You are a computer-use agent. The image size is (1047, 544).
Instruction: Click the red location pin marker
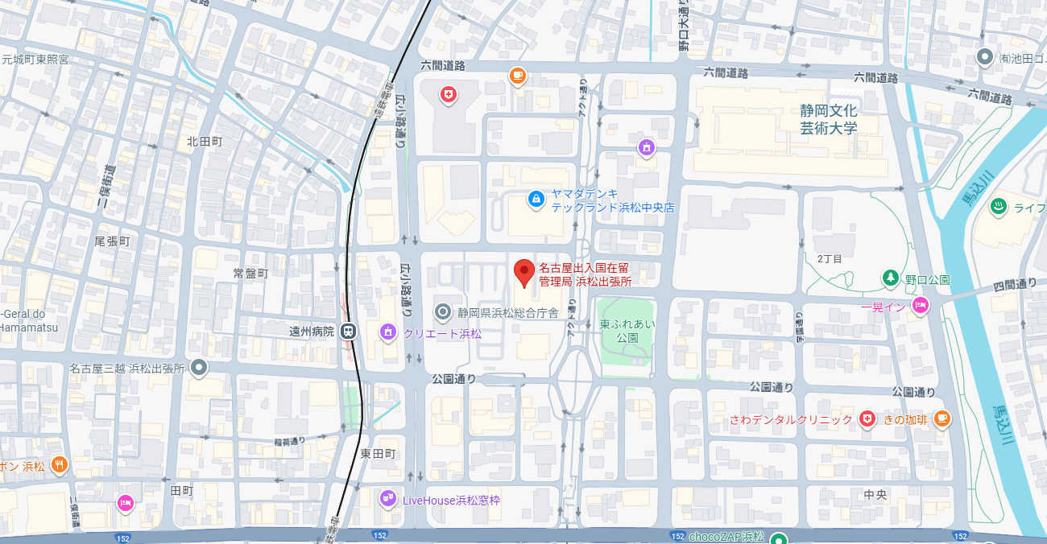(x=524, y=272)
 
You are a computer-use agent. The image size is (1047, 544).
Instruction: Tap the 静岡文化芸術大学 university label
(x=828, y=119)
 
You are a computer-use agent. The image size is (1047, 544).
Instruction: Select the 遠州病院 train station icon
(x=348, y=330)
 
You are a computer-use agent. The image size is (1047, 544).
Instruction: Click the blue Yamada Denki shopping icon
(x=535, y=198)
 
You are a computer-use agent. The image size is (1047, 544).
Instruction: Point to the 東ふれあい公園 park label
(x=627, y=331)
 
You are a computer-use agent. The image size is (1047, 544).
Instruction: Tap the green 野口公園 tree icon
(x=890, y=278)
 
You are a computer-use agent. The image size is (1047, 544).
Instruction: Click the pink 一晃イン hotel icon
(x=920, y=305)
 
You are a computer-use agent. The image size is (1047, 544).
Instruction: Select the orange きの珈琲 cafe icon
(x=941, y=418)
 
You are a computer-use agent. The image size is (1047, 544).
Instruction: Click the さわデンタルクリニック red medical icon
(x=867, y=418)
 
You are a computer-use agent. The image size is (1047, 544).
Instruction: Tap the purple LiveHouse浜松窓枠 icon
(x=388, y=499)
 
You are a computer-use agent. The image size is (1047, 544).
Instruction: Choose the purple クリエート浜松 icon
(x=388, y=332)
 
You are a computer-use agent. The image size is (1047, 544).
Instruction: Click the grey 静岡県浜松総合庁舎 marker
(x=442, y=311)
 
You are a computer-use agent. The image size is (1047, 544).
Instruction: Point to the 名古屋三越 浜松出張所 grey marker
(x=199, y=368)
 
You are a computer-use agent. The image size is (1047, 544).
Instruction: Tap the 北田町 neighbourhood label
(x=204, y=141)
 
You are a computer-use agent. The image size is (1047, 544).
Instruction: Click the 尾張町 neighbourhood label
(x=112, y=241)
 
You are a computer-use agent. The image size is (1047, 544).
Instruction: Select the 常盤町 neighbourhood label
(x=250, y=273)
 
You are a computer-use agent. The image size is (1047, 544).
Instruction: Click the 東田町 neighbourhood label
(x=378, y=454)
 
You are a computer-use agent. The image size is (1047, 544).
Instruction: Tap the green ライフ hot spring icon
(x=999, y=206)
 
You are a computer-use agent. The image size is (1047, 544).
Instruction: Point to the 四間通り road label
(x=1015, y=283)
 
